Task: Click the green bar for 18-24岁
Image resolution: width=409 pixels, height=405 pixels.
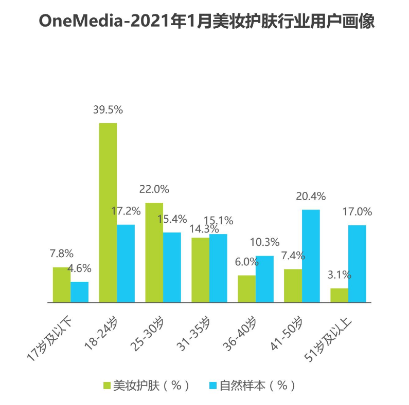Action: [x=108, y=213]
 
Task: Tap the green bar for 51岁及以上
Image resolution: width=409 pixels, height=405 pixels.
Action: [x=339, y=295]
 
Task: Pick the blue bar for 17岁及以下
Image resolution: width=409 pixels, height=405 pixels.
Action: [x=80, y=292]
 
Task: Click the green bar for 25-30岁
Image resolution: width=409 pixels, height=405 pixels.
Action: [x=154, y=253]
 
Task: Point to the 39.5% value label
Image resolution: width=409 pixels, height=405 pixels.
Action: [x=108, y=110]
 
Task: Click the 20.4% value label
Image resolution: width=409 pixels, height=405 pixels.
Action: [x=311, y=196]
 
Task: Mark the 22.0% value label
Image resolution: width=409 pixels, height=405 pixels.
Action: [x=154, y=189]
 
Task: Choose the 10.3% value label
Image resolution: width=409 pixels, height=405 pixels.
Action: [x=264, y=242]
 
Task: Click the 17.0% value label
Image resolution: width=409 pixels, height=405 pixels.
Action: [x=357, y=211]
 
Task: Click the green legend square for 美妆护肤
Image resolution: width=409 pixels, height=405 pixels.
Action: [x=107, y=385]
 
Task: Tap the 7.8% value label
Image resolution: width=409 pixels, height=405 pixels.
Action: [x=62, y=254]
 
